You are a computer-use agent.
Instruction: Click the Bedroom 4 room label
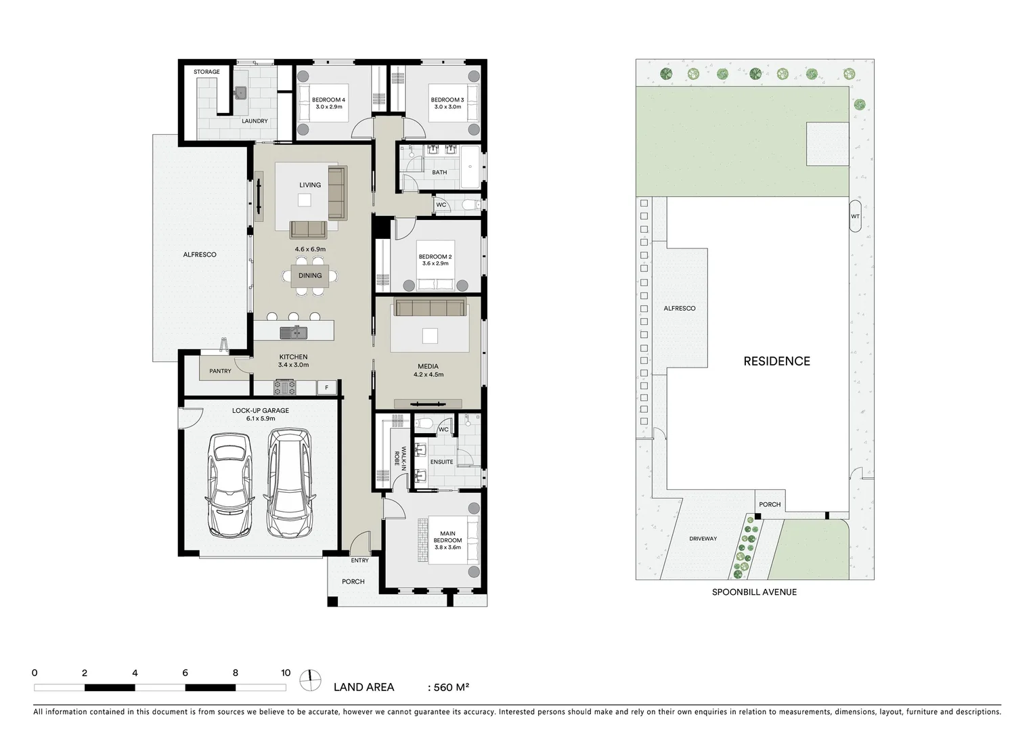pos(328,99)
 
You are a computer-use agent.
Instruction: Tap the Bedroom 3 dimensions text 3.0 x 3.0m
pos(447,107)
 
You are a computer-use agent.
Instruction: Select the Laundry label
pos(255,121)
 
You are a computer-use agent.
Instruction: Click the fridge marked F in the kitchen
pos(326,388)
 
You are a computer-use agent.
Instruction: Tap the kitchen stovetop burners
pos(284,388)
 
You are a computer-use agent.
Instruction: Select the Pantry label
pos(220,371)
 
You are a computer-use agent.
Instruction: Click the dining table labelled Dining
pos(310,276)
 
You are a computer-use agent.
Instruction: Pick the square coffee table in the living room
pos(305,200)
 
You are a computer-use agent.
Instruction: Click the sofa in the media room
pos(430,308)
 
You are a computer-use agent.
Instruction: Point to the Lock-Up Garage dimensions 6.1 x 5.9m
pos(261,418)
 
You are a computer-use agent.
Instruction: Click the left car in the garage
pos(230,484)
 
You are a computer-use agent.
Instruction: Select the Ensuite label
pos(441,462)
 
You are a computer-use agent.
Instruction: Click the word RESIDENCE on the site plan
pos(776,361)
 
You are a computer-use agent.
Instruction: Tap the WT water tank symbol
pos(854,217)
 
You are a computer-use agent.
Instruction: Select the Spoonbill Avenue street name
pos(754,592)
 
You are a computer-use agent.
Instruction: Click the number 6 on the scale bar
pos(185,673)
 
